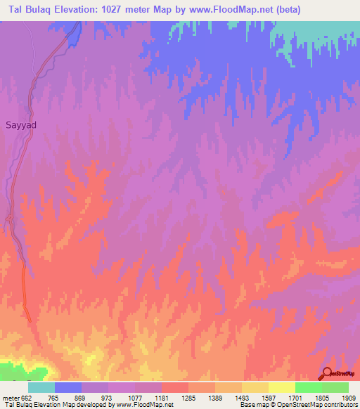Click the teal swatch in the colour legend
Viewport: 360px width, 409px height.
pos(41,387)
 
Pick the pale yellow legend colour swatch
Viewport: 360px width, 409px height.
pos(281,387)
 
